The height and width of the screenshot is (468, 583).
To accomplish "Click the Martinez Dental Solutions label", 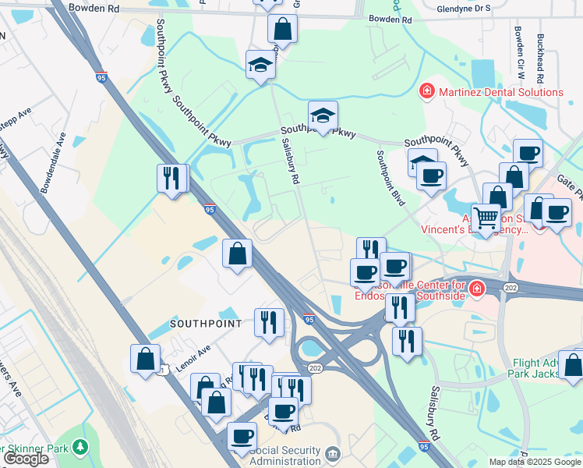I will [x=500, y=92].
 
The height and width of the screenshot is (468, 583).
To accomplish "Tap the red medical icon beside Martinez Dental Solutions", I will [x=426, y=92].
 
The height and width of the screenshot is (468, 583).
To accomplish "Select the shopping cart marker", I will [x=486, y=218].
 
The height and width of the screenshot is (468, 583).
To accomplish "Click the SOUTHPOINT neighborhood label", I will [x=203, y=322].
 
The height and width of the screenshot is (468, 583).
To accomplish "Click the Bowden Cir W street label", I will [x=518, y=51].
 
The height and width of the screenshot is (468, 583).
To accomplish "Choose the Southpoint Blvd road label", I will [x=390, y=178].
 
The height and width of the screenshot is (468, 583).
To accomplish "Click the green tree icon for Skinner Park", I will [x=79, y=447].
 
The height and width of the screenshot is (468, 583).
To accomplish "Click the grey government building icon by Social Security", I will [x=333, y=453].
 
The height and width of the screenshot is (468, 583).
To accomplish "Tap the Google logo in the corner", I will [x=26, y=459].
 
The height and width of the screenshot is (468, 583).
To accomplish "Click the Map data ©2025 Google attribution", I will [x=534, y=462].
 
